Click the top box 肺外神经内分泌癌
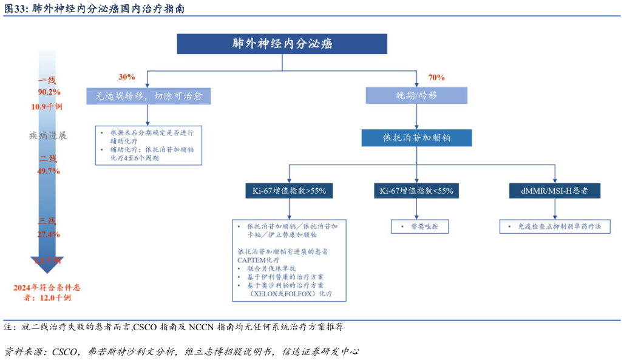(282, 44)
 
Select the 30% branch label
(127, 77)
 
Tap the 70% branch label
(436, 77)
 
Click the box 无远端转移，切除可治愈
(148, 96)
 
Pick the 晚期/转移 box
(416, 95)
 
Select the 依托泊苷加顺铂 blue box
(416, 138)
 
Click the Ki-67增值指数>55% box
(289, 191)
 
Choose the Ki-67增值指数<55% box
(416, 191)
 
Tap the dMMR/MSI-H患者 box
(554, 191)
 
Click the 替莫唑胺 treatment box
(416, 227)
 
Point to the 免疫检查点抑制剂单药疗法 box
(554, 227)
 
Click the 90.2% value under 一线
(49, 92)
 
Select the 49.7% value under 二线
(49, 171)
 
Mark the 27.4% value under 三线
(49, 234)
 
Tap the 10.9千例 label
(47, 106)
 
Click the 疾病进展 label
(48, 135)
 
